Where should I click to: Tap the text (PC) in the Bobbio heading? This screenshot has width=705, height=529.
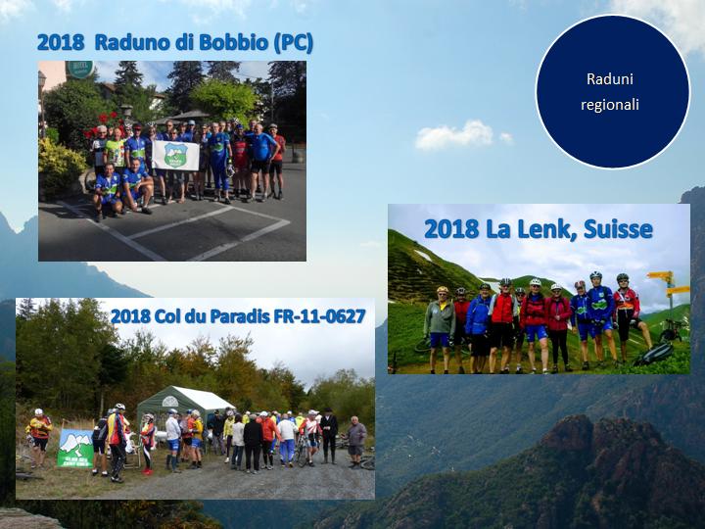[293, 43]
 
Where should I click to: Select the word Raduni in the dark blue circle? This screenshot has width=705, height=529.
[610, 79]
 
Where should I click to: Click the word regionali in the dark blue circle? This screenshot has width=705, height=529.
[610, 105]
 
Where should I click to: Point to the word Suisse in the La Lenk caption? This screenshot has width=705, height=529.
[618, 229]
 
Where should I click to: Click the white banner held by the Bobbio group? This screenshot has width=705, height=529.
[175, 155]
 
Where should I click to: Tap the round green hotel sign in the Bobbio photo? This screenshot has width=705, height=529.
[79, 69]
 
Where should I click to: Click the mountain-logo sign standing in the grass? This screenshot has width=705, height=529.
[75, 448]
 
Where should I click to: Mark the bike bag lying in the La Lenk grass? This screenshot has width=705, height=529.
[654, 354]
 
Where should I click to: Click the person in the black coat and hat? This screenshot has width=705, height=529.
[329, 435]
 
